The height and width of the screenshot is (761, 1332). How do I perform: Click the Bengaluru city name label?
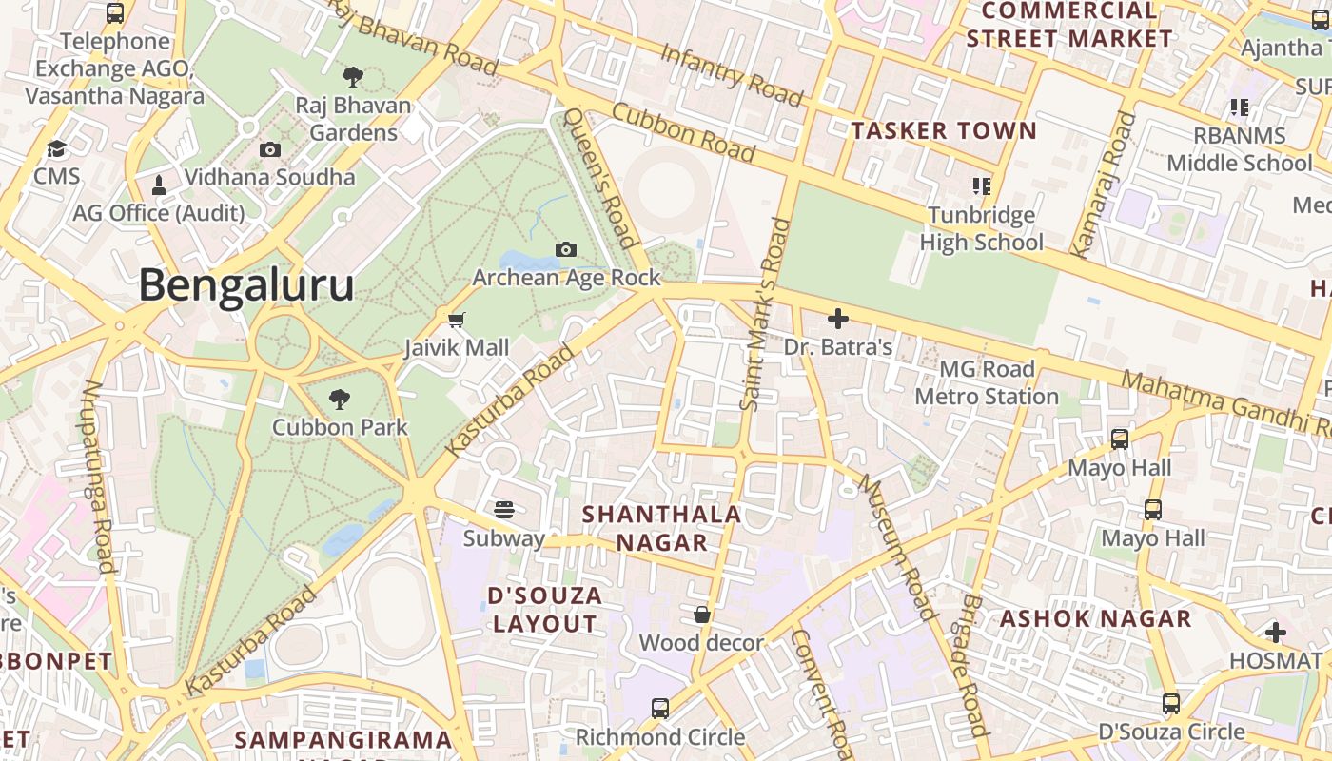click(x=247, y=285)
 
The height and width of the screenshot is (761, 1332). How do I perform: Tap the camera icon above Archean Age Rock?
click(x=566, y=249)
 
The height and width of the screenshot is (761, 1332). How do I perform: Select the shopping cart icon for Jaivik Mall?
click(x=457, y=320)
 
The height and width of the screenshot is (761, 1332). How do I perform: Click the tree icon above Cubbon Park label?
click(x=339, y=400)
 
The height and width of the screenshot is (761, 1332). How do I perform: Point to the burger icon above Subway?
click(x=504, y=510)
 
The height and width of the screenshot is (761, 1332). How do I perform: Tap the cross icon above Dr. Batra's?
click(x=838, y=319)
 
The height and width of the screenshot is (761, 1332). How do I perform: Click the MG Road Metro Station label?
click(x=987, y=382)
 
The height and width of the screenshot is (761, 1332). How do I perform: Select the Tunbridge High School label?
click(x=981, y=228)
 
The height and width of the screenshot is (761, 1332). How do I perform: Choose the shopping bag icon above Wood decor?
click(x=702, y=615)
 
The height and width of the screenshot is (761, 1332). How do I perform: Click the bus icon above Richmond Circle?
click(x=659, y=708)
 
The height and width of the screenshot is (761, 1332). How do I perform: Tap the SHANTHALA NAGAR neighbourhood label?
click(x=661, y=528)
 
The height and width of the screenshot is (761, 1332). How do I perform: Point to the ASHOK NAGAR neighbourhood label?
click(x=1095, y=618)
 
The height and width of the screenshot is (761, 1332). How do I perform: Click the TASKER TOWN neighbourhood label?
click(x=944, y=131)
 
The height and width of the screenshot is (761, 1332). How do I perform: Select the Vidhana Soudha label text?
click(x=269, y=177)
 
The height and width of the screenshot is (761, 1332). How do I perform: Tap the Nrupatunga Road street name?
click(x=99, y=476)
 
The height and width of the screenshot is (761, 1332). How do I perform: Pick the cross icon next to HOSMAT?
click(x=1276, y=632)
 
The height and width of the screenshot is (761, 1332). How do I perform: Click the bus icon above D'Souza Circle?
click(x=1171, y=704)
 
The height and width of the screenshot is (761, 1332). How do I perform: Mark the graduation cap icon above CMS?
click(x=57, y=149)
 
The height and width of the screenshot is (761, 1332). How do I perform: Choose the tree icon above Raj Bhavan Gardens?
click(x=353, y=77)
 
